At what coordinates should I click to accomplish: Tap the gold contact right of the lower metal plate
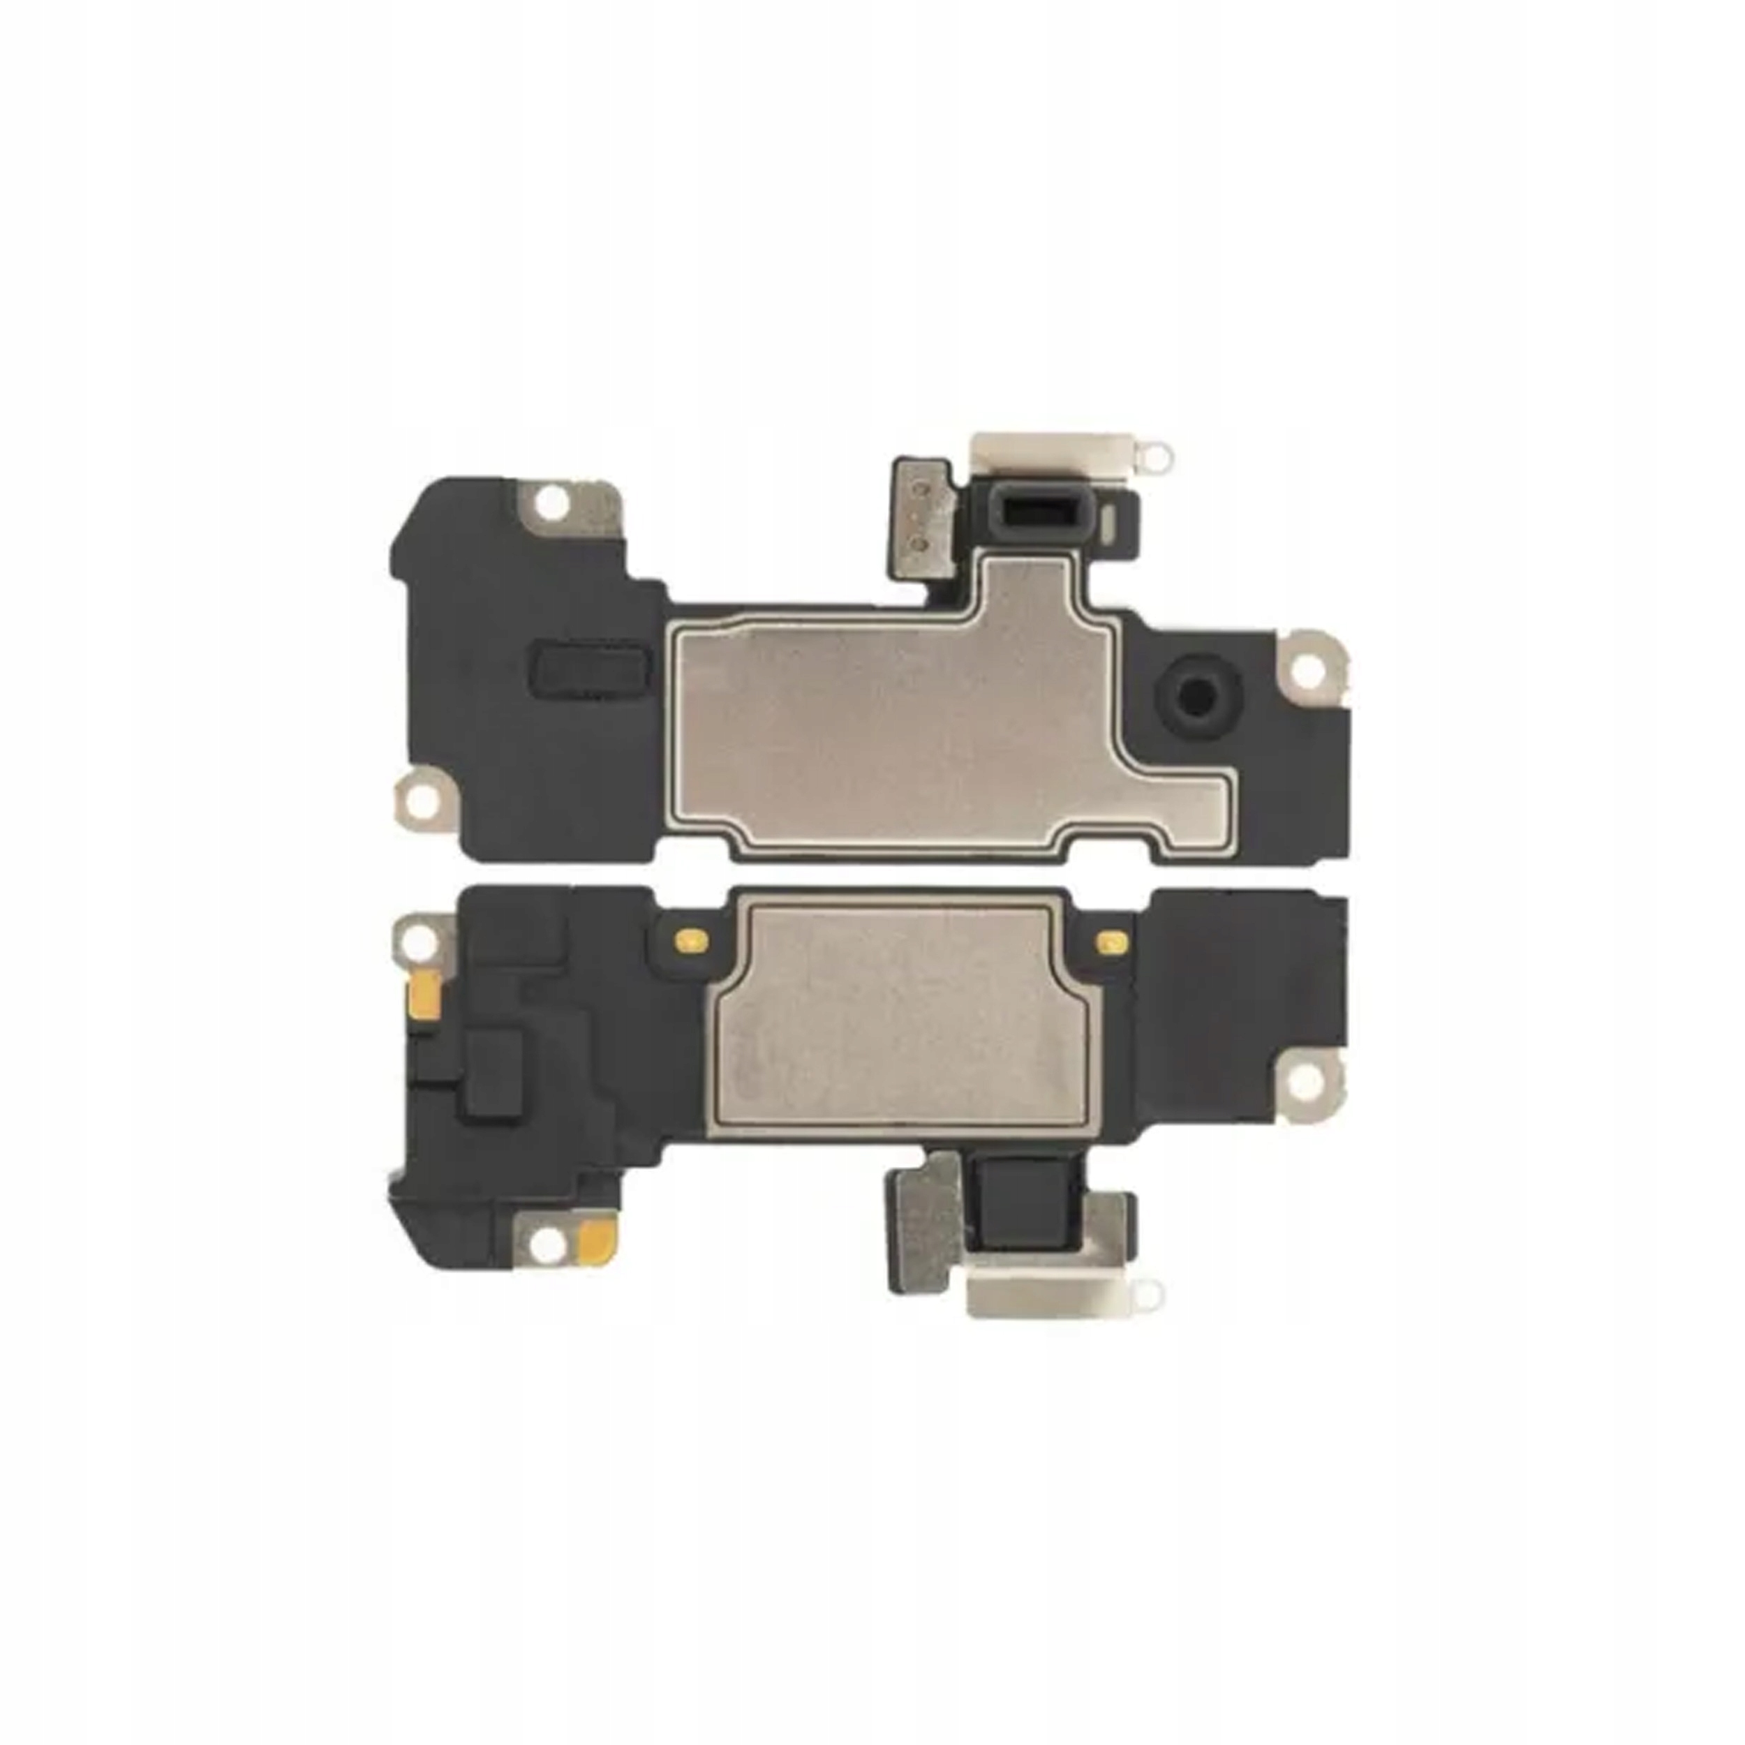coord(1106,941)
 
